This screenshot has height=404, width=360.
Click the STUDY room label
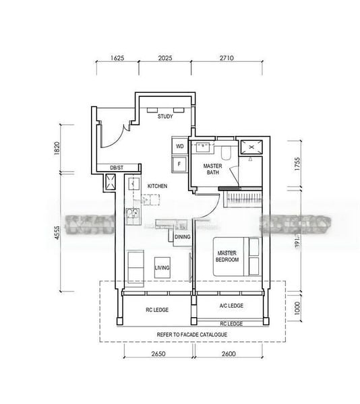tap(165, 116)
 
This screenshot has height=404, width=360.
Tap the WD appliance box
tap(180, 146)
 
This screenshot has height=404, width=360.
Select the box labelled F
tap(180, 163)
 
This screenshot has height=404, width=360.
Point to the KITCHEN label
tap(157, 187)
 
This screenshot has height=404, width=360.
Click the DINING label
tap(182, 237)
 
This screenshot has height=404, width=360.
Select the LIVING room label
tap(162, 268)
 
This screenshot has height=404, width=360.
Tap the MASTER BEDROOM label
tap(227, 256)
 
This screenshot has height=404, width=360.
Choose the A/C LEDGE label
tap(231, 306)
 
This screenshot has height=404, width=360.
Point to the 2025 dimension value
tap(165, 59)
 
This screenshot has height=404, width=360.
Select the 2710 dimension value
tap(226, 59)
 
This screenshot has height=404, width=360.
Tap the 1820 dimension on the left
tap(59, 149)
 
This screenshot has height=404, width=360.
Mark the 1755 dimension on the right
tap(297, 165)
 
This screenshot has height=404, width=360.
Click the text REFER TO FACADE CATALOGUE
tap(191, 335)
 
